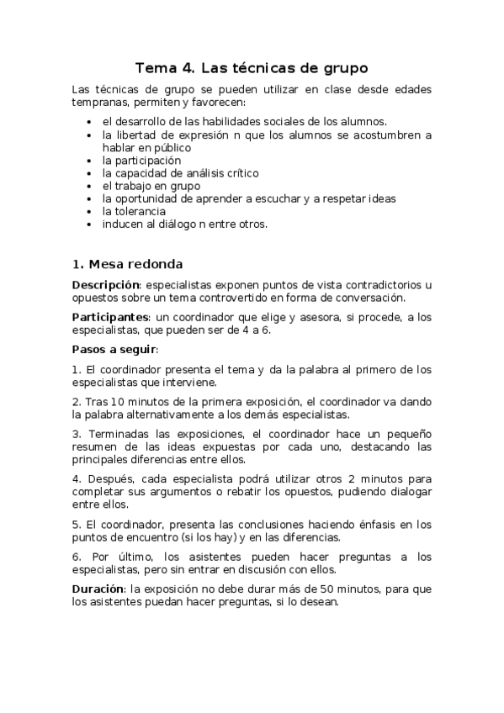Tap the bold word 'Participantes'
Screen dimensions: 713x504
pos(109,317)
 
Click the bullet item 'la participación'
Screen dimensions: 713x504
pos(141,160)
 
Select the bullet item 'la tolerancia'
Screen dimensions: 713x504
pos(134,211)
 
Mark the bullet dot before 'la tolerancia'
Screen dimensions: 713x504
pos(90,212)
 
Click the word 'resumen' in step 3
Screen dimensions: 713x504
pos(95,446)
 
